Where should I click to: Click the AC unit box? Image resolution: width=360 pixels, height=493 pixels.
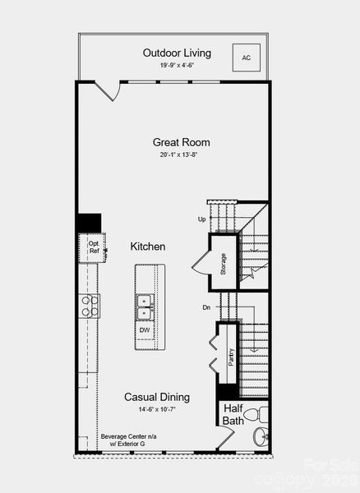tap(246, 58)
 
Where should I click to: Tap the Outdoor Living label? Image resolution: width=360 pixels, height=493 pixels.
tap(177, 53)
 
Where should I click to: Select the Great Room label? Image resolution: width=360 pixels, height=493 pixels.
tap(177, 141)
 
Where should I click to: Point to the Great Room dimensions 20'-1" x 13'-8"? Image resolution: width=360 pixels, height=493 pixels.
tap(177, 154)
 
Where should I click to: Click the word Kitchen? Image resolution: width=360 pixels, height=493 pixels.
tap(148, 246)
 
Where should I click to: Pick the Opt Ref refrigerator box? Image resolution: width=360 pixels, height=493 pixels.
tap(93, 246)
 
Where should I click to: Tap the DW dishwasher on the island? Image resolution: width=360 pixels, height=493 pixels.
tap(145, 330)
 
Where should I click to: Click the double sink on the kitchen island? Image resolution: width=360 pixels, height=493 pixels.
tap(145, 306)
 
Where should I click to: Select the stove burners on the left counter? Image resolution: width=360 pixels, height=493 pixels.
tap(90, 306)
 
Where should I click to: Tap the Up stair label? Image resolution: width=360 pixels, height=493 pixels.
tap(202, 219)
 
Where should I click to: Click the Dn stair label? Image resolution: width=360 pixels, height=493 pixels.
tap(205, 307)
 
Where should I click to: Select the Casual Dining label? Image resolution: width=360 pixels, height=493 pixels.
tap(157, 397)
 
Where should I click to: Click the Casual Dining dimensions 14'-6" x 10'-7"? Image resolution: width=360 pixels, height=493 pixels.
tap(157, 409)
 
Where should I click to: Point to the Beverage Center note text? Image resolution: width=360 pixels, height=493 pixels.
tap(122, 440)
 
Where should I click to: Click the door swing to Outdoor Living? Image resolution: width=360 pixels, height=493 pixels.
tap(112, 92)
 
